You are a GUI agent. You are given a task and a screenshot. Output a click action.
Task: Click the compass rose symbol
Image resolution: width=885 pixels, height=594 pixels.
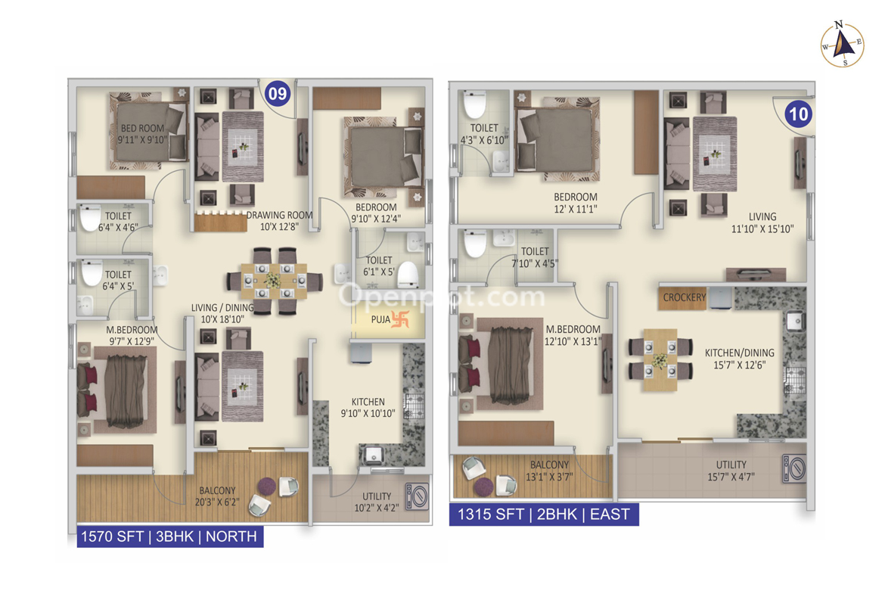click(x=842, y=45)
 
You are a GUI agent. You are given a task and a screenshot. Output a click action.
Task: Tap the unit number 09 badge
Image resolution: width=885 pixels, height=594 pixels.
click(x=277, y=92)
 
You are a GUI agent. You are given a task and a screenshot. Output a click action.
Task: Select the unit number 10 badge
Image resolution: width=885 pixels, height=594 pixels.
click(x=798, y=114)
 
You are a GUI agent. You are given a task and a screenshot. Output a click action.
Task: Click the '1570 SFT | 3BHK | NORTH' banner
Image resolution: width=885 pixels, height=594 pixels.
click(x=170, y=536)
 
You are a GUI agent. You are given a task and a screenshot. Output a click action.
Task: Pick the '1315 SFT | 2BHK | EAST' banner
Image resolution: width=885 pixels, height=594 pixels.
click(x=544, y=515)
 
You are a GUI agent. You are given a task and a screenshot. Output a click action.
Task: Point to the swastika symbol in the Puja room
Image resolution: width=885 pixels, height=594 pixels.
click(x=399, y=319)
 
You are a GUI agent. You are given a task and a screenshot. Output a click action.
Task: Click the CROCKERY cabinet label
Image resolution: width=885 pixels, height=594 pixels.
click(x=684, y=297)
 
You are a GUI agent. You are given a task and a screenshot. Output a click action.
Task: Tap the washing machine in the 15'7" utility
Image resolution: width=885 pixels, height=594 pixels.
click(x=793, y=468)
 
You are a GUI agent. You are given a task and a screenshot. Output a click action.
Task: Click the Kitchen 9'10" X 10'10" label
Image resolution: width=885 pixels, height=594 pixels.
click(x=368, y=408)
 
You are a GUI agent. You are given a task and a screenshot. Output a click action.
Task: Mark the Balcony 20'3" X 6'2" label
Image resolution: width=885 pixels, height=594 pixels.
click(x=217, y=496)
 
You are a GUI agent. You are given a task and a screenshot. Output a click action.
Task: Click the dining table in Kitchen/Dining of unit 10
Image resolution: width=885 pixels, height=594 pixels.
click(x=660, y=359)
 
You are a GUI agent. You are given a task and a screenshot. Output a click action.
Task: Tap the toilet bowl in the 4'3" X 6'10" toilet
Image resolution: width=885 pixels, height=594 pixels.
click(x=475, y=104)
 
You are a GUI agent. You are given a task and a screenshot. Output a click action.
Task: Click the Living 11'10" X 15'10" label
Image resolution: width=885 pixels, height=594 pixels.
click(x=762, y=222)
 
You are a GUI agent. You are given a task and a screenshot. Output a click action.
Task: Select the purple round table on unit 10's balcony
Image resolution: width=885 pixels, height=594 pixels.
click(x=483, y=487)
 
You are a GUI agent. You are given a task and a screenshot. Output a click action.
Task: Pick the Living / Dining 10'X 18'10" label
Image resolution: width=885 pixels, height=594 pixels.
click(x=222, y=313)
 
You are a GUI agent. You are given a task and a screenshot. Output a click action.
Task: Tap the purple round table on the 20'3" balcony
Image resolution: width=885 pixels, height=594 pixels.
click(x=267, y=486)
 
